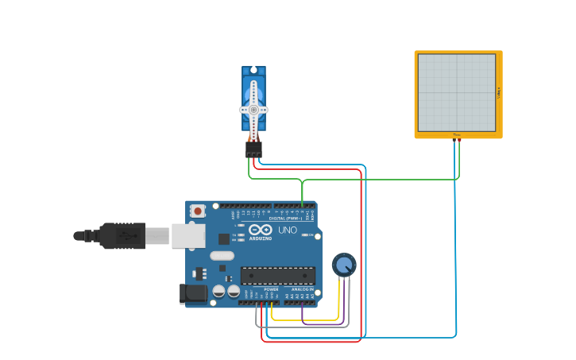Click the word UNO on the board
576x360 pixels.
pos(288,230)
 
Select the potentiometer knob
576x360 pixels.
pos(344,265)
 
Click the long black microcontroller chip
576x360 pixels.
pos(277,275)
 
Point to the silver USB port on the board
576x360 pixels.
pos(188,235)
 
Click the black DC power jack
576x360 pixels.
pos(192,294)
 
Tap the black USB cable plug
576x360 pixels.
pos(119,235)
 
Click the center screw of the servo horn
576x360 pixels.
pos(253,109)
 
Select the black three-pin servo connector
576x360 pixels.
pos(253,149)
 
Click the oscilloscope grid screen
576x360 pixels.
pos(457,93)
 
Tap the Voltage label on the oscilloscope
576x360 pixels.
pos(499,93)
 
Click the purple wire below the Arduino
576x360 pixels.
pos(322,323)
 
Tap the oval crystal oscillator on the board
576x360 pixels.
pos(222,256)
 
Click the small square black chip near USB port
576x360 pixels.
pos(224,238)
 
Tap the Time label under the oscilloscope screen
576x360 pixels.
pos(457,135)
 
